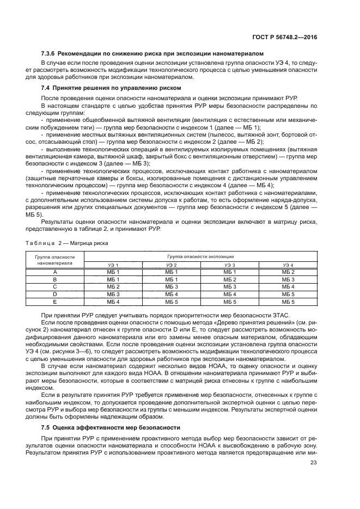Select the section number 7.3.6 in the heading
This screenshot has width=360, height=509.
pyautogui.click(x=50, y=53)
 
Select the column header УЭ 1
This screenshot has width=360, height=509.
pyautogui.click(x=113, y=264)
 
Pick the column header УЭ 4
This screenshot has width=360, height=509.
pyautogui.click(x=288, y=264)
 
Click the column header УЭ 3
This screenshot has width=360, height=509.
pyautogui.click(x=229, y=264)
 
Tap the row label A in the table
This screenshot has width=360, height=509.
pyautogui.click(x=54, y=271)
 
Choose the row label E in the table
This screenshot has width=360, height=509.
pyautogui.click(x=54, y=301)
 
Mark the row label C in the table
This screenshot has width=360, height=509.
pyautogui.click(x=54, y=286)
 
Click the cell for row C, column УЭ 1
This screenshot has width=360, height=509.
pyautogui.click(x=113, y=286)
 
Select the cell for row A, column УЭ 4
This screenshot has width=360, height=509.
pyautogui.click(x=288, y=271)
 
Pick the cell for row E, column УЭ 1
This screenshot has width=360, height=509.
pyautogui.click(x=113, y=301)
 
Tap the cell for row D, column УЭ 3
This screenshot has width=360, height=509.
pyautogui.click(x=229, y=293)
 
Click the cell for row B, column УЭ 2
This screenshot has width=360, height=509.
pyautogui.click(x=172, y=279)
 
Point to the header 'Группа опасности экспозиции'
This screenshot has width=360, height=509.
pyautogui.click(x=200, y=255)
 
